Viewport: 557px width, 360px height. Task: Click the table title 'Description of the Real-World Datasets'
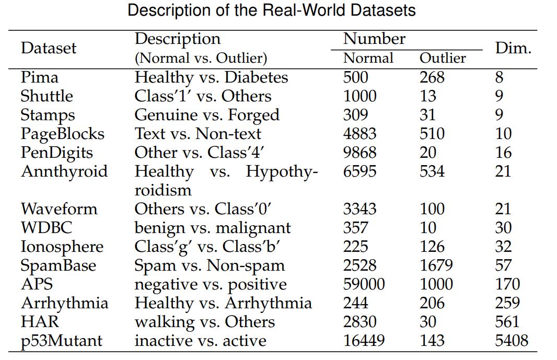[x=272, y=10]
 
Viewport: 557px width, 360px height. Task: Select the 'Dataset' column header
[x=49, y=48]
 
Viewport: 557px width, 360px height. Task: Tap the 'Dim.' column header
[x=513, y=48]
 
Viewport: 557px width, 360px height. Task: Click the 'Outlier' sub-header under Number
[x=443, y=58]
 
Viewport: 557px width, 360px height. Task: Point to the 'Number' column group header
[x=374, y=39]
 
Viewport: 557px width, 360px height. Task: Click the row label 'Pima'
[x=40, y=77]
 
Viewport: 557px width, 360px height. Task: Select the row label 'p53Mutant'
[x=62, y=341]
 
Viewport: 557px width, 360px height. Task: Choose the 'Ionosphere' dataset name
[x=62, y=247]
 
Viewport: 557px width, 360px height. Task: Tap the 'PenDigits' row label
[x=57, y=153]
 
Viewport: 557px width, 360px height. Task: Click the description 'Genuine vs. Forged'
[x=207, y=115]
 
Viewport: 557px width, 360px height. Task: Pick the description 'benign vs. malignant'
[x=213, y=228]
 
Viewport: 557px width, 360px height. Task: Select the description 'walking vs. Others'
[x=205, y=322]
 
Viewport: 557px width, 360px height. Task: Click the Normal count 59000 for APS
[x=364, y=284]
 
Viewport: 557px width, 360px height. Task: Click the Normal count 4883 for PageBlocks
[x=359, y=134]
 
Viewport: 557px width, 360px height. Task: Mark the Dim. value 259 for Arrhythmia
[x=507, y=303]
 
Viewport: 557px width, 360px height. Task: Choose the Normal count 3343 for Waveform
[x=359, y=209]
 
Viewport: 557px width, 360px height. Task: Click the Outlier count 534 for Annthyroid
[x=432, y=171]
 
